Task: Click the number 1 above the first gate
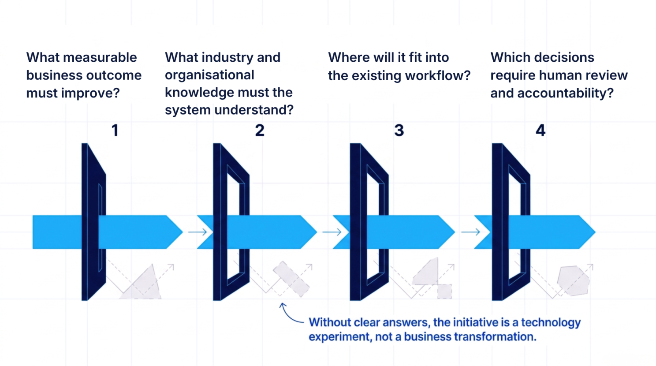coord(115,131)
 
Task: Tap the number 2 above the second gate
coord(260,131)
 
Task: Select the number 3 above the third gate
coord(399,131)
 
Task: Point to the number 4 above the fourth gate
coord(540,131)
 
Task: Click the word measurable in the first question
coord(100,57)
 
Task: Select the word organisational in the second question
coord(209,75)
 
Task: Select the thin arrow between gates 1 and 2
coord(198,232)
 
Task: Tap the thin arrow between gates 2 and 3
coord(332,232)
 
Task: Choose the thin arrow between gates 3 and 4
coord(471,232)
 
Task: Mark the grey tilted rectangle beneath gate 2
coord(291,279)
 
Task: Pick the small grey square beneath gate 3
coord(444,291)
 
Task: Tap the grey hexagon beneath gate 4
coord(574,281)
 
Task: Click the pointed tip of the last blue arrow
coord(595,232)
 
